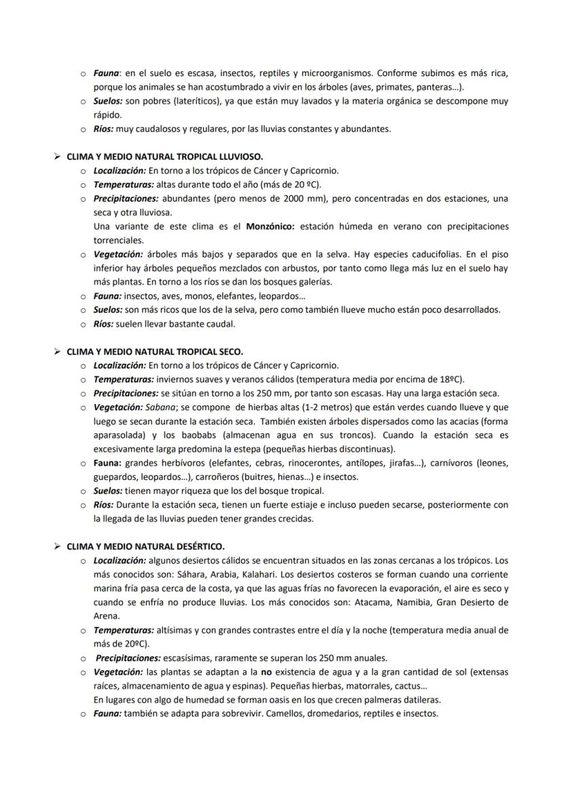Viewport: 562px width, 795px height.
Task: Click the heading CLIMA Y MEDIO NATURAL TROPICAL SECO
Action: (x=155, y=351)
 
